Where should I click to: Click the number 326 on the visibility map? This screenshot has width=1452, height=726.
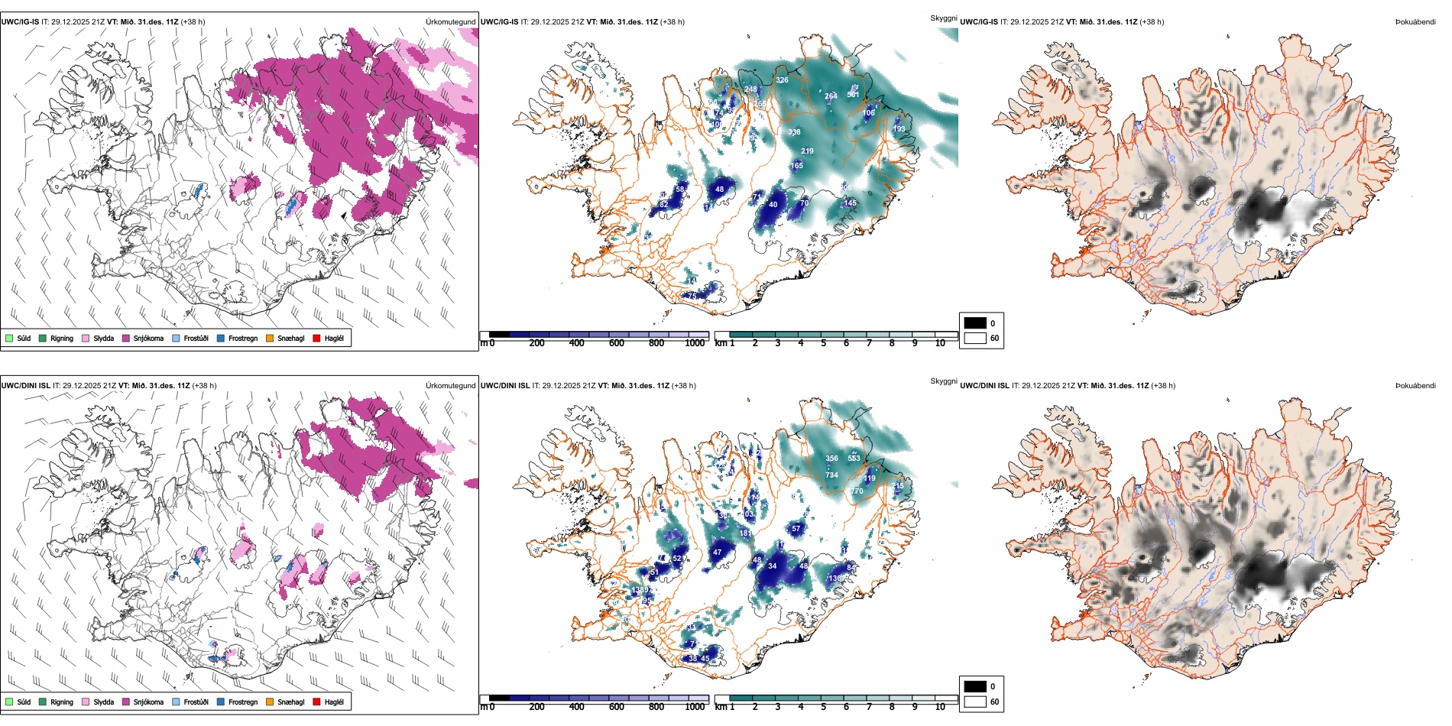pyautogui.click(x=782, y=80)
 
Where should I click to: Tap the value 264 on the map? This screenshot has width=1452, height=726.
pyautogui.click(x=831, y=96)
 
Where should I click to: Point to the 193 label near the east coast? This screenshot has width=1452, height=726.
pyautogui.click(x=899, y=128)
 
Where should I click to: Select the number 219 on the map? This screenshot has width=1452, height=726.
pyautogui.click(x=807, y=151)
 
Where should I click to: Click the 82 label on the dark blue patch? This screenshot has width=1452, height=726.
pyautogui.click(x=663, y=205)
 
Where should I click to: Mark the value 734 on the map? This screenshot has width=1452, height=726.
pyautogui.click(x=831, y=475)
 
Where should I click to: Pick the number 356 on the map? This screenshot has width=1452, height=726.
pyautogui.click(x=831, y=459)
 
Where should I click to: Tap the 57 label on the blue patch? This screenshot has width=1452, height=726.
pyautogui.click(x=796, y=529)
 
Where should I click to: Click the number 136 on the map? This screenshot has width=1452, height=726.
pyautogui.click(x=835, y=579)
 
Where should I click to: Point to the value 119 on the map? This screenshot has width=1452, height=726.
pyautogui.click(x=870, y=478)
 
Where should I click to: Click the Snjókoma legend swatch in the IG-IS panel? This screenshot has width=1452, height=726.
pyautogui.click(x=126, y=338)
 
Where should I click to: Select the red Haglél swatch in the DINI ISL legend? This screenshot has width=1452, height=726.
pyautogui.click(x=316, y=702)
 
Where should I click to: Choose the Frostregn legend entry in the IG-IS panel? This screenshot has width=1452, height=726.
pyautogui.click(x=221, y=338)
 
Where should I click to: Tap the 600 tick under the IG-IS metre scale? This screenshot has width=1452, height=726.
pyautogui.click(x=617, y=344)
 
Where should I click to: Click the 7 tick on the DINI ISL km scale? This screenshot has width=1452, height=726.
pyautogui.click(x=869, y=707)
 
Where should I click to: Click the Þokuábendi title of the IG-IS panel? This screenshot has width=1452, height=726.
pyautogui.click(x=1415, y=22)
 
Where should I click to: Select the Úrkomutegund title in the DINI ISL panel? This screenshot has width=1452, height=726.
pyautogui.click(x=451, y=386)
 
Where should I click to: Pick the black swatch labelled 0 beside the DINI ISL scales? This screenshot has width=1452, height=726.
pyautogui.click(x=975, y=686)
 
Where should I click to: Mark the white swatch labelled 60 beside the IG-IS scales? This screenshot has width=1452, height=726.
pyautogui.click(x=975, y=338)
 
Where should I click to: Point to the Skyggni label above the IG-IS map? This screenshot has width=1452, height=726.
pyautogui.click(x=943, y=18)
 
